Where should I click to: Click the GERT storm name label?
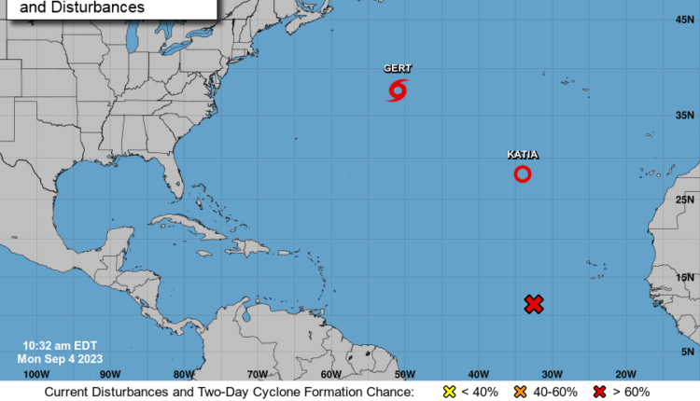[x=397, y=68]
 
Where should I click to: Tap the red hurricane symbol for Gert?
[x=398, y=90]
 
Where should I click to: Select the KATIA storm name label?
[x=523, y=154]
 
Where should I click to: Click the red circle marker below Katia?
[x=523, y=173]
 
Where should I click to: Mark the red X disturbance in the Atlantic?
[x=534, y=304]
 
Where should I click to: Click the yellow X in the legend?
[x=449, y=392]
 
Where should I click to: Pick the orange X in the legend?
[x=521, y=392]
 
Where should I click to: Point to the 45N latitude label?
[x=684, y=20]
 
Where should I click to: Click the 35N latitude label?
[x=684, y=115]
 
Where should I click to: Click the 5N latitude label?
[x=687, y=352]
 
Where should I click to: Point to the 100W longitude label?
[x=35, y=374]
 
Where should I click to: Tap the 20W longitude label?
[x=624, y=374]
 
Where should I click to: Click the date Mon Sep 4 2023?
[x=60, y=358]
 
